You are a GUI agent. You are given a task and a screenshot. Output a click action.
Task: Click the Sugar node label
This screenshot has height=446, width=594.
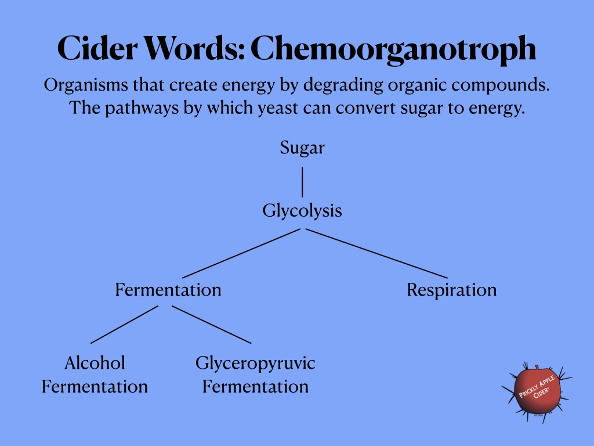pos(302,148)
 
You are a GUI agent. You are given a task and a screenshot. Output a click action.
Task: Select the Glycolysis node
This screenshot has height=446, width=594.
pos(302,210)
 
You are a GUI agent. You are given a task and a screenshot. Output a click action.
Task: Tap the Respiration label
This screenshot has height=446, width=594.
pos(451,289)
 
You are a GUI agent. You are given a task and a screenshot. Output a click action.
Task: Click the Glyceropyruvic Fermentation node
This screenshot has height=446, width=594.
pos(255,375)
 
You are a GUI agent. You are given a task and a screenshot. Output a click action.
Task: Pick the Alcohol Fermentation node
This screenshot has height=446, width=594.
pos(95,375)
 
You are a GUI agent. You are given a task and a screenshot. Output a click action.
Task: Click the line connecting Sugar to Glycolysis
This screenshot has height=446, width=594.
pos(302,182)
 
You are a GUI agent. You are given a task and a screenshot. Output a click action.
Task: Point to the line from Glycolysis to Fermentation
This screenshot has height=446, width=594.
pos(241,253)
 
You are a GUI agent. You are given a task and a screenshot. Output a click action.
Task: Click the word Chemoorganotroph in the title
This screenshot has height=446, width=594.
pos(393,49)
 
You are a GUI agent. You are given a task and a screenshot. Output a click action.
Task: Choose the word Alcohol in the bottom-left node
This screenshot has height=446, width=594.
pos(95,364)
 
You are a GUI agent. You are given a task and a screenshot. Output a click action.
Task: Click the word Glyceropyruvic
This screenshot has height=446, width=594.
pos(255,364)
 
